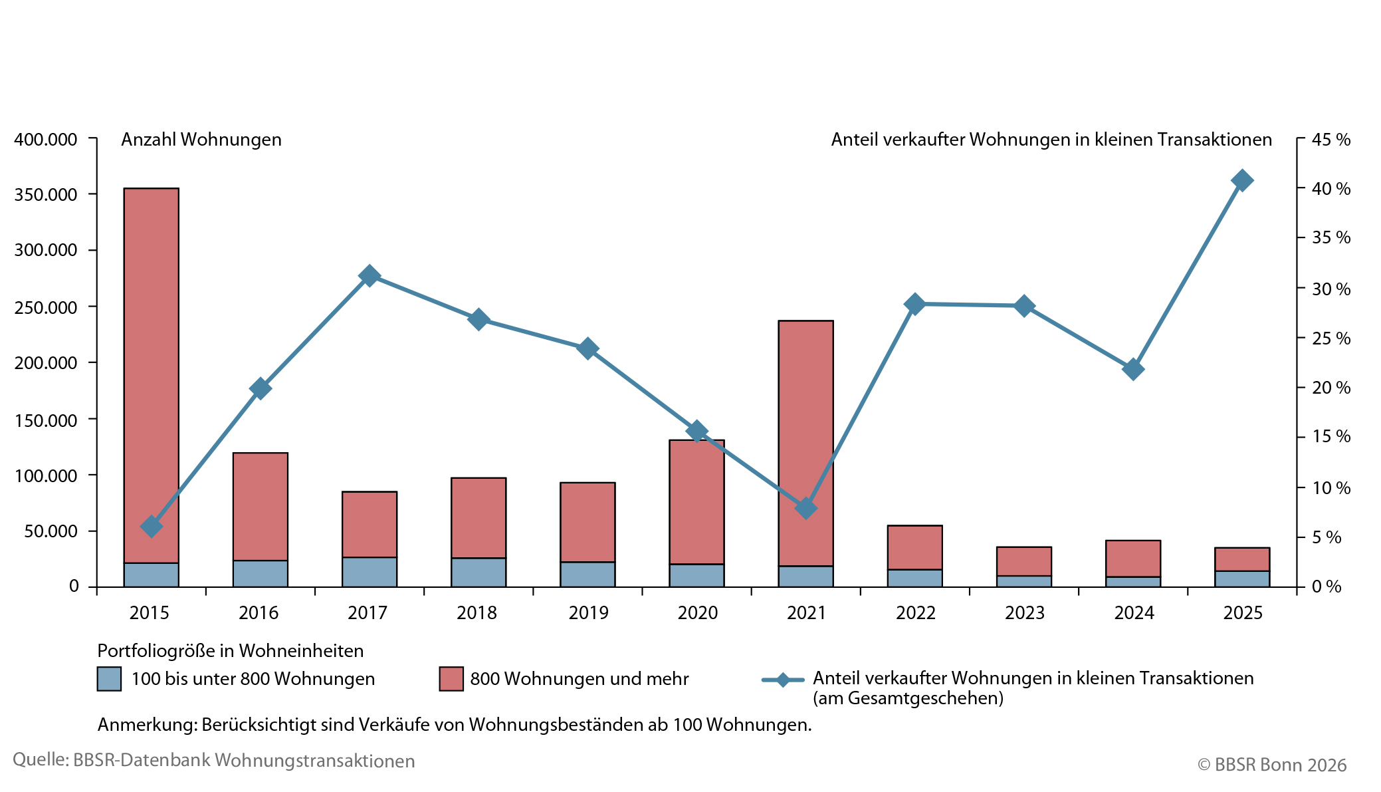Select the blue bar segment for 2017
point(370,572)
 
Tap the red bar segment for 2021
point(805,412)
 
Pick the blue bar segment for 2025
point(1242,579)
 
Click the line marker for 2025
point(1242,180)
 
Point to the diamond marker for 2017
point(370,276)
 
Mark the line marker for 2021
point(805,509)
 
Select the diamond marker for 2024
point(1133,369)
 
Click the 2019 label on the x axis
point(588,612)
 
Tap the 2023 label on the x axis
point(1024,612)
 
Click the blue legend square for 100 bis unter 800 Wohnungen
point(109,679)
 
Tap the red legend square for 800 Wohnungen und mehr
point(451,679)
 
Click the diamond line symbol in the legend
point(783,680)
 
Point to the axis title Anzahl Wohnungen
point(201,140)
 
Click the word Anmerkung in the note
point(146,725)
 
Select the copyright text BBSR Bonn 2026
point(1272,765)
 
